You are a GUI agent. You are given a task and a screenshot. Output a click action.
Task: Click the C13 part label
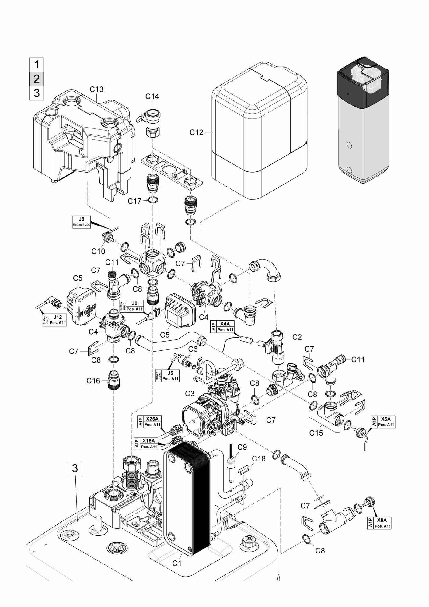[x=96, y=89]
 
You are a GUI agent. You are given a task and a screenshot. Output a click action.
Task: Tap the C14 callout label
[x=152, y=96]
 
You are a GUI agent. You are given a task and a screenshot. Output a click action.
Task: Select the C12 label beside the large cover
[x=196, y=132]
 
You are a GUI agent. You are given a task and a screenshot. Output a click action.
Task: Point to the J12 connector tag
[x=55, y=320]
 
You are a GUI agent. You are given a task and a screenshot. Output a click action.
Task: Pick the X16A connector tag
[x=146, y=444]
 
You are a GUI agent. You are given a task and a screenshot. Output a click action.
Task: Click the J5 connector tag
[x=167, y=376]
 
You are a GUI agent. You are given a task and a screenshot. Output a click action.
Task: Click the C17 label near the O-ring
[x=134, y=201]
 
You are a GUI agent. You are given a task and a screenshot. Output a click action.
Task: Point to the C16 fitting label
[x=93, y=381]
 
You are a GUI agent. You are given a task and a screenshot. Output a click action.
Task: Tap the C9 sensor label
[x=242, y=447]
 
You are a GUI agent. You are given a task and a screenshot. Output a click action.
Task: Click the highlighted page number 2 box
[x=37, y=79]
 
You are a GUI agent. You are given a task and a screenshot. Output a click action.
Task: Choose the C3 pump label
[x=190, y=394]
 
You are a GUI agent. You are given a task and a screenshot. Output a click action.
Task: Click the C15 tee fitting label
[x=316, y=432]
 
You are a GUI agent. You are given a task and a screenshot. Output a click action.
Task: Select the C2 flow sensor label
[x=297, y=337]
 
